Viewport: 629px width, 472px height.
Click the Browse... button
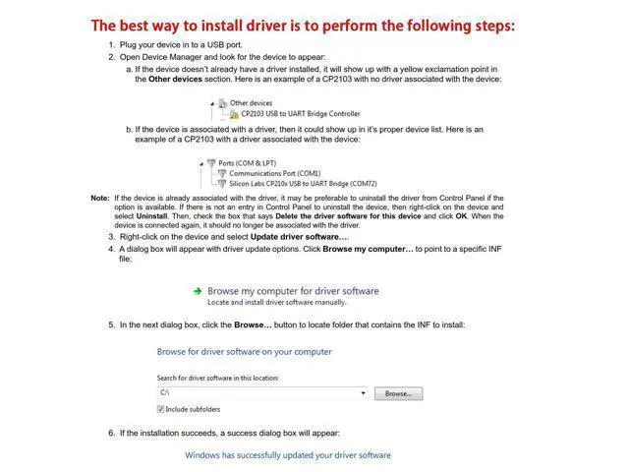398,393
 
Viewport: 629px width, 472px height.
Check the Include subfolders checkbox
161,409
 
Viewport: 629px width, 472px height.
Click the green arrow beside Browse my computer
198,291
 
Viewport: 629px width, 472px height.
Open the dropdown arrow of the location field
363,393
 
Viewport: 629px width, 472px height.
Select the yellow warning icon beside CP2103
234,114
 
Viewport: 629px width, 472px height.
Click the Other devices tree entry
251,103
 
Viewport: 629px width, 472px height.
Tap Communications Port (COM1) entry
274,173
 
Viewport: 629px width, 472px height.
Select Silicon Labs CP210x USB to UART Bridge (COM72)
303,184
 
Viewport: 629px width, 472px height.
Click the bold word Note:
100,199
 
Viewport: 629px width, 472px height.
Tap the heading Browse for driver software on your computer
245,351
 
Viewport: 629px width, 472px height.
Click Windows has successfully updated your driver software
288,455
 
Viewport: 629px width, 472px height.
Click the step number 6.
111,433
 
